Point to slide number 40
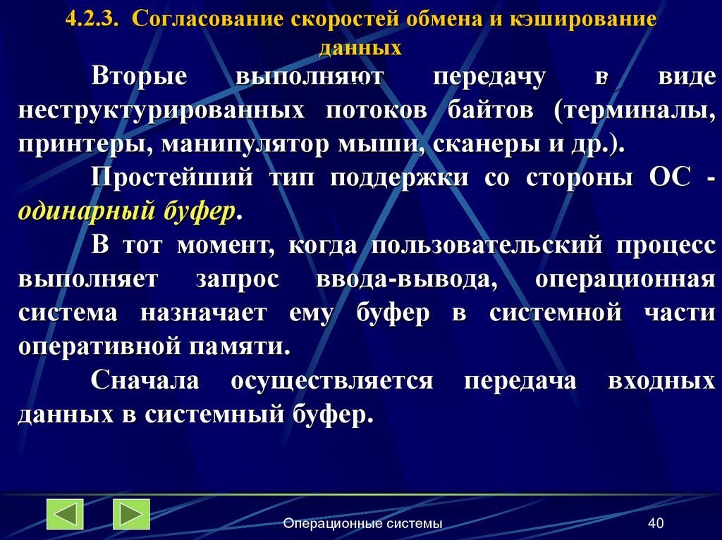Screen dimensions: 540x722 pyautogui.click(x=656, y=523)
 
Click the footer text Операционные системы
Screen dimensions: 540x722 pyautogui.click(x=362, y=523)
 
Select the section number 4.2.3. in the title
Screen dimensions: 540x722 pyautogui.click(x=92, y=20)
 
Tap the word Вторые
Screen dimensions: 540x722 pyautogui.click(x=139, y=77)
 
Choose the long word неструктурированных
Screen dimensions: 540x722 pyautogui.click(x=161, y=111)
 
